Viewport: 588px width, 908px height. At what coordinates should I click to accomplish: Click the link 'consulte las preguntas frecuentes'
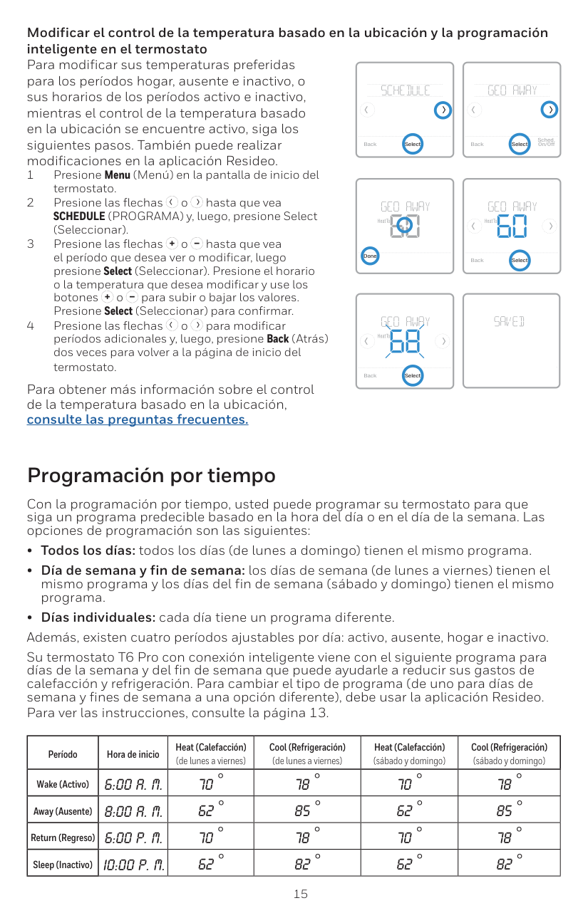tap(138, 419)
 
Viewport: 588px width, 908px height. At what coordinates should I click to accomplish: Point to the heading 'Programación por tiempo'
tap(151, 475)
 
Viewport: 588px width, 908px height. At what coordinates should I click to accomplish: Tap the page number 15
tap(301, 894)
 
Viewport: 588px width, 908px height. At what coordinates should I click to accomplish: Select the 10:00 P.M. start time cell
tap(133, 865)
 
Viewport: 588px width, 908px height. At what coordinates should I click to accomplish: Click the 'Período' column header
tap(63, 753)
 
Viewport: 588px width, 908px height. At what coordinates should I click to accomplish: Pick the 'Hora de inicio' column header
tap(133, 753)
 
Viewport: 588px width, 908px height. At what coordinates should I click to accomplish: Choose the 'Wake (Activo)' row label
tap(63, 784)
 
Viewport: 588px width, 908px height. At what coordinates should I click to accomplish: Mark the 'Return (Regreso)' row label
tap(63, 837)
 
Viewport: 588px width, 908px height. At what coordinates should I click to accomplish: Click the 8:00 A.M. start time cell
tap(133, 811)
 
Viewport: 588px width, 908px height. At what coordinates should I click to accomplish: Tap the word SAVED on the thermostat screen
tap(510, 322)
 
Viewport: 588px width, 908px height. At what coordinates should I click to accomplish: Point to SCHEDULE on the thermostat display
tap(406, 90)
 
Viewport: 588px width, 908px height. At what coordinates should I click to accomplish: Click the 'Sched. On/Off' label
tap(546, 142)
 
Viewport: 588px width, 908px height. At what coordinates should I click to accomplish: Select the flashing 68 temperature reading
tap(404, 342)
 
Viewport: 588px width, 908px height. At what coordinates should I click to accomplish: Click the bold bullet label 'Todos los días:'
tap(88, 550)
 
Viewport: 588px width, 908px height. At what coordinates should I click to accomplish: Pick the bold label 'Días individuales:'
tap(98, 617)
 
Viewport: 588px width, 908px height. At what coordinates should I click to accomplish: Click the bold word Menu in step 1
tap(118, 175)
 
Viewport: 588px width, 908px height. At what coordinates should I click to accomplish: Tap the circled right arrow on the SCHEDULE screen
tap(443, 110)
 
